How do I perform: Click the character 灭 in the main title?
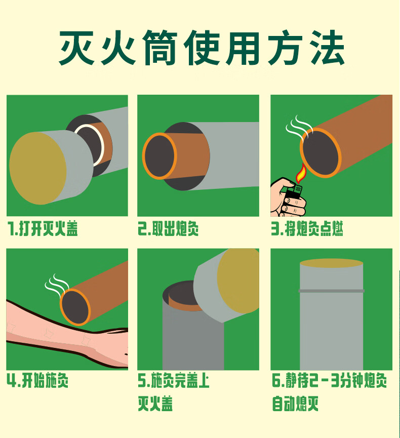(x=76, y=48)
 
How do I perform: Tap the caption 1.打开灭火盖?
(x=43, y=229)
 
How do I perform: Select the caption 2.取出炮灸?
(x=168, y=229)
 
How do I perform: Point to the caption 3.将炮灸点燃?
(x=307, y=229)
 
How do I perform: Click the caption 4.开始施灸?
(x=37, y=380)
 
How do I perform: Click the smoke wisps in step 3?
(x=299, y=127)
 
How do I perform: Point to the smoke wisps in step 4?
(x=57, y=285)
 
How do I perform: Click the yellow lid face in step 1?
(x=37, y=168)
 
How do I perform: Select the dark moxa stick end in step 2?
(x=159, y=156)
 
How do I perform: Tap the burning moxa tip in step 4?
(x=75, y=307)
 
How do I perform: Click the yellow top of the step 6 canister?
(x=331, y=263)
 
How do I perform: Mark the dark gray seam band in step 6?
(x=331, y=291)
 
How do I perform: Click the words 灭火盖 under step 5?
(x=155, y=404)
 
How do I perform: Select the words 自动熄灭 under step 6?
(x=296, y=404)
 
